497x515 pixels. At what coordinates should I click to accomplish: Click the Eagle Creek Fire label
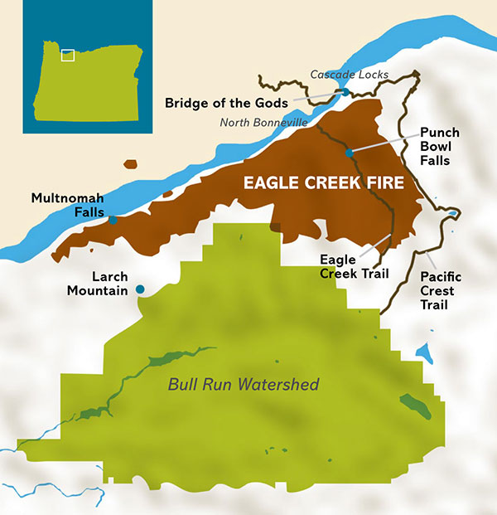coord(323,183)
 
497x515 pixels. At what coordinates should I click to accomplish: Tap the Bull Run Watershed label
coord(244,385)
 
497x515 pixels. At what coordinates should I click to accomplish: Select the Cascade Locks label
coord(342,75)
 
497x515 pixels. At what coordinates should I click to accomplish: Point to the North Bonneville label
coord(263,123)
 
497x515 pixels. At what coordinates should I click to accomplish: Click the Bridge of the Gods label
coord(226,103)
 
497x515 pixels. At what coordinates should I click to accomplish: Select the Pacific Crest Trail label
coord(441,290)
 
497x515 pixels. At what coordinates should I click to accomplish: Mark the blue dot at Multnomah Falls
coord(113,220)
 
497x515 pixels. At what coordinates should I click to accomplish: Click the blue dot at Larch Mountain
coord(140,289)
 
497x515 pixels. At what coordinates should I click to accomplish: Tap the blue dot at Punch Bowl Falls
coord(350,153)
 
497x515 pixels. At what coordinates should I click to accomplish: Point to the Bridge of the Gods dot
coord(345,92)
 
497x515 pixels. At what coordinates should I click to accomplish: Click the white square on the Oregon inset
coord(68,56)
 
